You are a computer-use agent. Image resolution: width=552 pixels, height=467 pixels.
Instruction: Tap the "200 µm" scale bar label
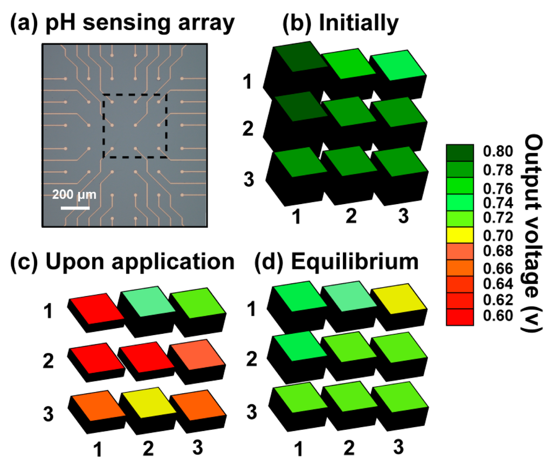pyautogui.click(x=74, y=194)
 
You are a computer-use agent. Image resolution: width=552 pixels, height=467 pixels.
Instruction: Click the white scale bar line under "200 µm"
pyautogui.click(x=74, y=206)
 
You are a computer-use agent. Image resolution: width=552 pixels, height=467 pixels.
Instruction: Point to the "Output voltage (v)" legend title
pyautogui.click(x=533, y=234)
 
